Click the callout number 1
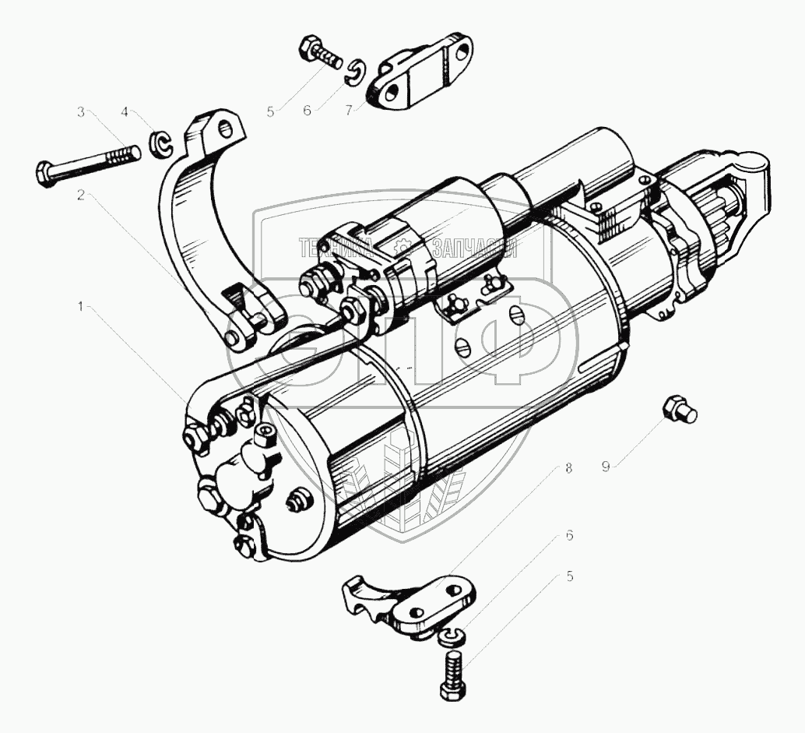point(81,307)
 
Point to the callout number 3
point(81,112)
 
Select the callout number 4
point(125,112)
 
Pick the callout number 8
point(569,469)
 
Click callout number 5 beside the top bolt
point(270,111)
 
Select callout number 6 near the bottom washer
point(569,536)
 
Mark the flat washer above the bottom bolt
point(449,638)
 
